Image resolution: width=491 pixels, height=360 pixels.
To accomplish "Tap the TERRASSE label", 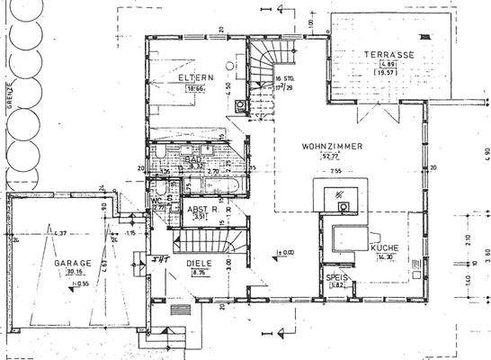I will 388,54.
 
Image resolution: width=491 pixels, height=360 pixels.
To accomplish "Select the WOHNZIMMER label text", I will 308,144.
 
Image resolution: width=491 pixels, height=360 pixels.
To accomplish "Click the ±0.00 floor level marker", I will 286,252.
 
